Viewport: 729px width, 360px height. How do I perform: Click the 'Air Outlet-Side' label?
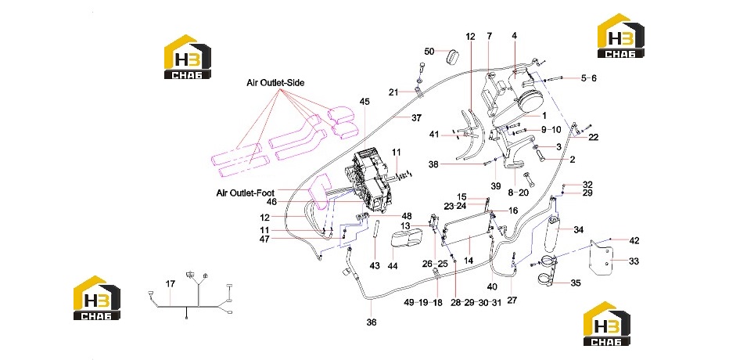pos(275,83)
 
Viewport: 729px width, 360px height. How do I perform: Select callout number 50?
pos(429,51)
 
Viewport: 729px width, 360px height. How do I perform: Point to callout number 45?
pos(365,102)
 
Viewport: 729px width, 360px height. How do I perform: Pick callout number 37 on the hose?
pos(416,118)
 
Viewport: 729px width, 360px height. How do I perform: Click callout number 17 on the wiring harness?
pos(171,284)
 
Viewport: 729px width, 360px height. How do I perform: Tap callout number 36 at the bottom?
pos(372,322)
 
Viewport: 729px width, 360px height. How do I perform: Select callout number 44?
pos(393,265)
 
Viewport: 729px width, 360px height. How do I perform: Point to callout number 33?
pos(634,261)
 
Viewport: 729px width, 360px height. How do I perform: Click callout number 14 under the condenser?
pos(469,261)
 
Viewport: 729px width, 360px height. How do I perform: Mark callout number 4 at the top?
pos(515,36)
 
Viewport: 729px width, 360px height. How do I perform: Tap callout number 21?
pos(393,92)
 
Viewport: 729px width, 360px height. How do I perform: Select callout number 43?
pos(375,265)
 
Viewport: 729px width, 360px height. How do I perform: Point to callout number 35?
pos(575,283)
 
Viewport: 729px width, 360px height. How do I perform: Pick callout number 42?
pos(634,240)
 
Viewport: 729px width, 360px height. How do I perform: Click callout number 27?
pos(512,300)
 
